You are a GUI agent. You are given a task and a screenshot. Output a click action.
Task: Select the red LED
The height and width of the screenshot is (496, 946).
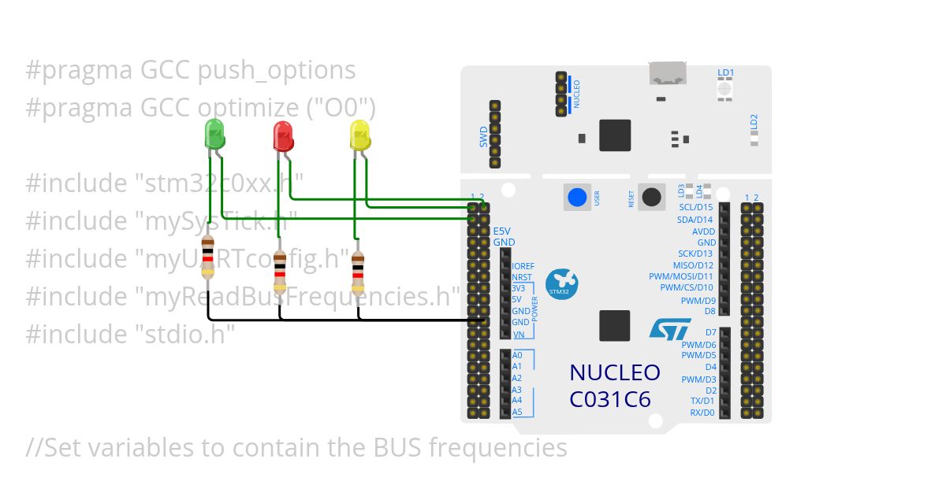(x=283, y=136)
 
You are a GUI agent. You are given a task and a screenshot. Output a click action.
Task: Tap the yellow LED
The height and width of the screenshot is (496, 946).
(x=359, y=135)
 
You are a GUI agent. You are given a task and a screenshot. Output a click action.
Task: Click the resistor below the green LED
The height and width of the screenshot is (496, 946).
(x=207, y=256)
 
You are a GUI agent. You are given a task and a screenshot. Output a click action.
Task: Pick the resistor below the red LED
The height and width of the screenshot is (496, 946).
(x=281, y=269)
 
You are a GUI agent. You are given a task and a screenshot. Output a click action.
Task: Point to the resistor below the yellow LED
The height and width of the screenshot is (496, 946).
(x=358, y=268)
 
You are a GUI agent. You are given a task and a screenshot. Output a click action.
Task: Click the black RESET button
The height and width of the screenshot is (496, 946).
(x=650, y=197)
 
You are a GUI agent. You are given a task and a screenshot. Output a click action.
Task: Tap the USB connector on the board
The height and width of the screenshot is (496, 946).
(x=667, y=74)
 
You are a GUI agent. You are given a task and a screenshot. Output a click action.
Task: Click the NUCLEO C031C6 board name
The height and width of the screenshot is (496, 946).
(x=615, y=386)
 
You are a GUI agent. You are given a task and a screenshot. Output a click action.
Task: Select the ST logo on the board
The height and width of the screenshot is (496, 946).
(x=670, y=329)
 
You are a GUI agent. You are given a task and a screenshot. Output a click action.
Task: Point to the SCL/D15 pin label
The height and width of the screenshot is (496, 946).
(x=695, y=207)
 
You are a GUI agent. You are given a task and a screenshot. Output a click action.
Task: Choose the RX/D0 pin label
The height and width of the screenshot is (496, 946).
(x=702, y=413)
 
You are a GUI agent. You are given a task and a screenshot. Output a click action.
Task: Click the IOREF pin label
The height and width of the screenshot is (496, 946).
(x=523, y=267)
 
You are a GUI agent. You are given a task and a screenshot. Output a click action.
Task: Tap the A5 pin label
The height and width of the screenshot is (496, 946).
(x=517, y=412)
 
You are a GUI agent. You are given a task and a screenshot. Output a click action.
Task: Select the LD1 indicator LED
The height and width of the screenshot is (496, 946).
(x=725, y=88)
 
